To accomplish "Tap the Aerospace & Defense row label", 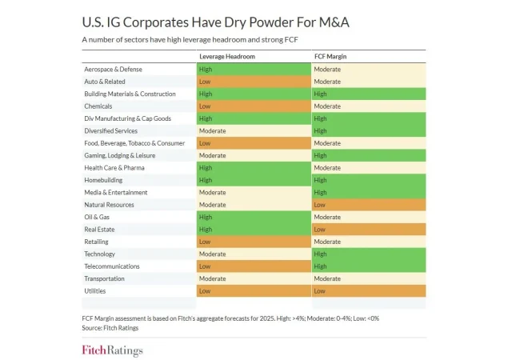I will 112,70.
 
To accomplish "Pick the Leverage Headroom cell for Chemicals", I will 254,106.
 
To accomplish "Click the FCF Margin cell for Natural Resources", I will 368,205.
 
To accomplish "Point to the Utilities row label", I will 95,291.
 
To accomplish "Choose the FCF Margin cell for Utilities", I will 368,291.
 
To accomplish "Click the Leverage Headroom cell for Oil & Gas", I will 254,217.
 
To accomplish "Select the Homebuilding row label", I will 103,180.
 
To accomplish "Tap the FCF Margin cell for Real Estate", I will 368,230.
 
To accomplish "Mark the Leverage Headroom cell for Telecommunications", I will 254,266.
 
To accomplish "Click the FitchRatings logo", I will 112,350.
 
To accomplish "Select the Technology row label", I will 100,254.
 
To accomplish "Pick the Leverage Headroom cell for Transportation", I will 254,278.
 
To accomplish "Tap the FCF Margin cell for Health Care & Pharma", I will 368,168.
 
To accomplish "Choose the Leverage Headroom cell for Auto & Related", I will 254,82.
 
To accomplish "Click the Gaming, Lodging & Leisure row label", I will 119,155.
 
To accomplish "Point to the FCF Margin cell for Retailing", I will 368,242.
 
